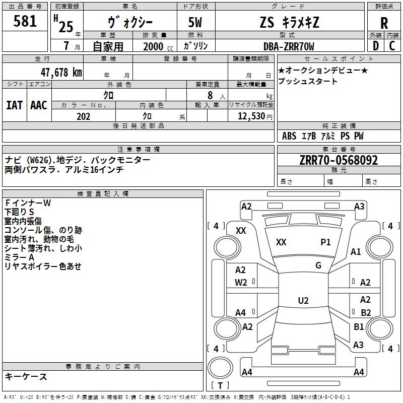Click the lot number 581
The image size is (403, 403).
(x=25, y=21)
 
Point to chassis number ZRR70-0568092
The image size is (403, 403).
(x=339, y=160)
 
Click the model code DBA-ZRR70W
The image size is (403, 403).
(x=289, y=46)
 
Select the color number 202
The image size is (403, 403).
(x=83, y=116)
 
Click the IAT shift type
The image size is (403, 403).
(x=14, y=105)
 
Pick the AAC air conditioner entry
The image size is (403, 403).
(x=39, y=105)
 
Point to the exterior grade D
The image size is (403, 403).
(x=375, y=46)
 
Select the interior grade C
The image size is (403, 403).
(x=392, y=46)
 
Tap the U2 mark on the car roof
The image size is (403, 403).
(x=303, y=301)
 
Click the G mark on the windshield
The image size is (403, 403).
(x=318, y=265)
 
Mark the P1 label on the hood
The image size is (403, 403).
(x=325, y=242)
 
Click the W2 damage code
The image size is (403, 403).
(x=241, y=283)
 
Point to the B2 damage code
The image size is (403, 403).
(x=365, y=312)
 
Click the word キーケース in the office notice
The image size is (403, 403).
(x=26, y=376)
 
